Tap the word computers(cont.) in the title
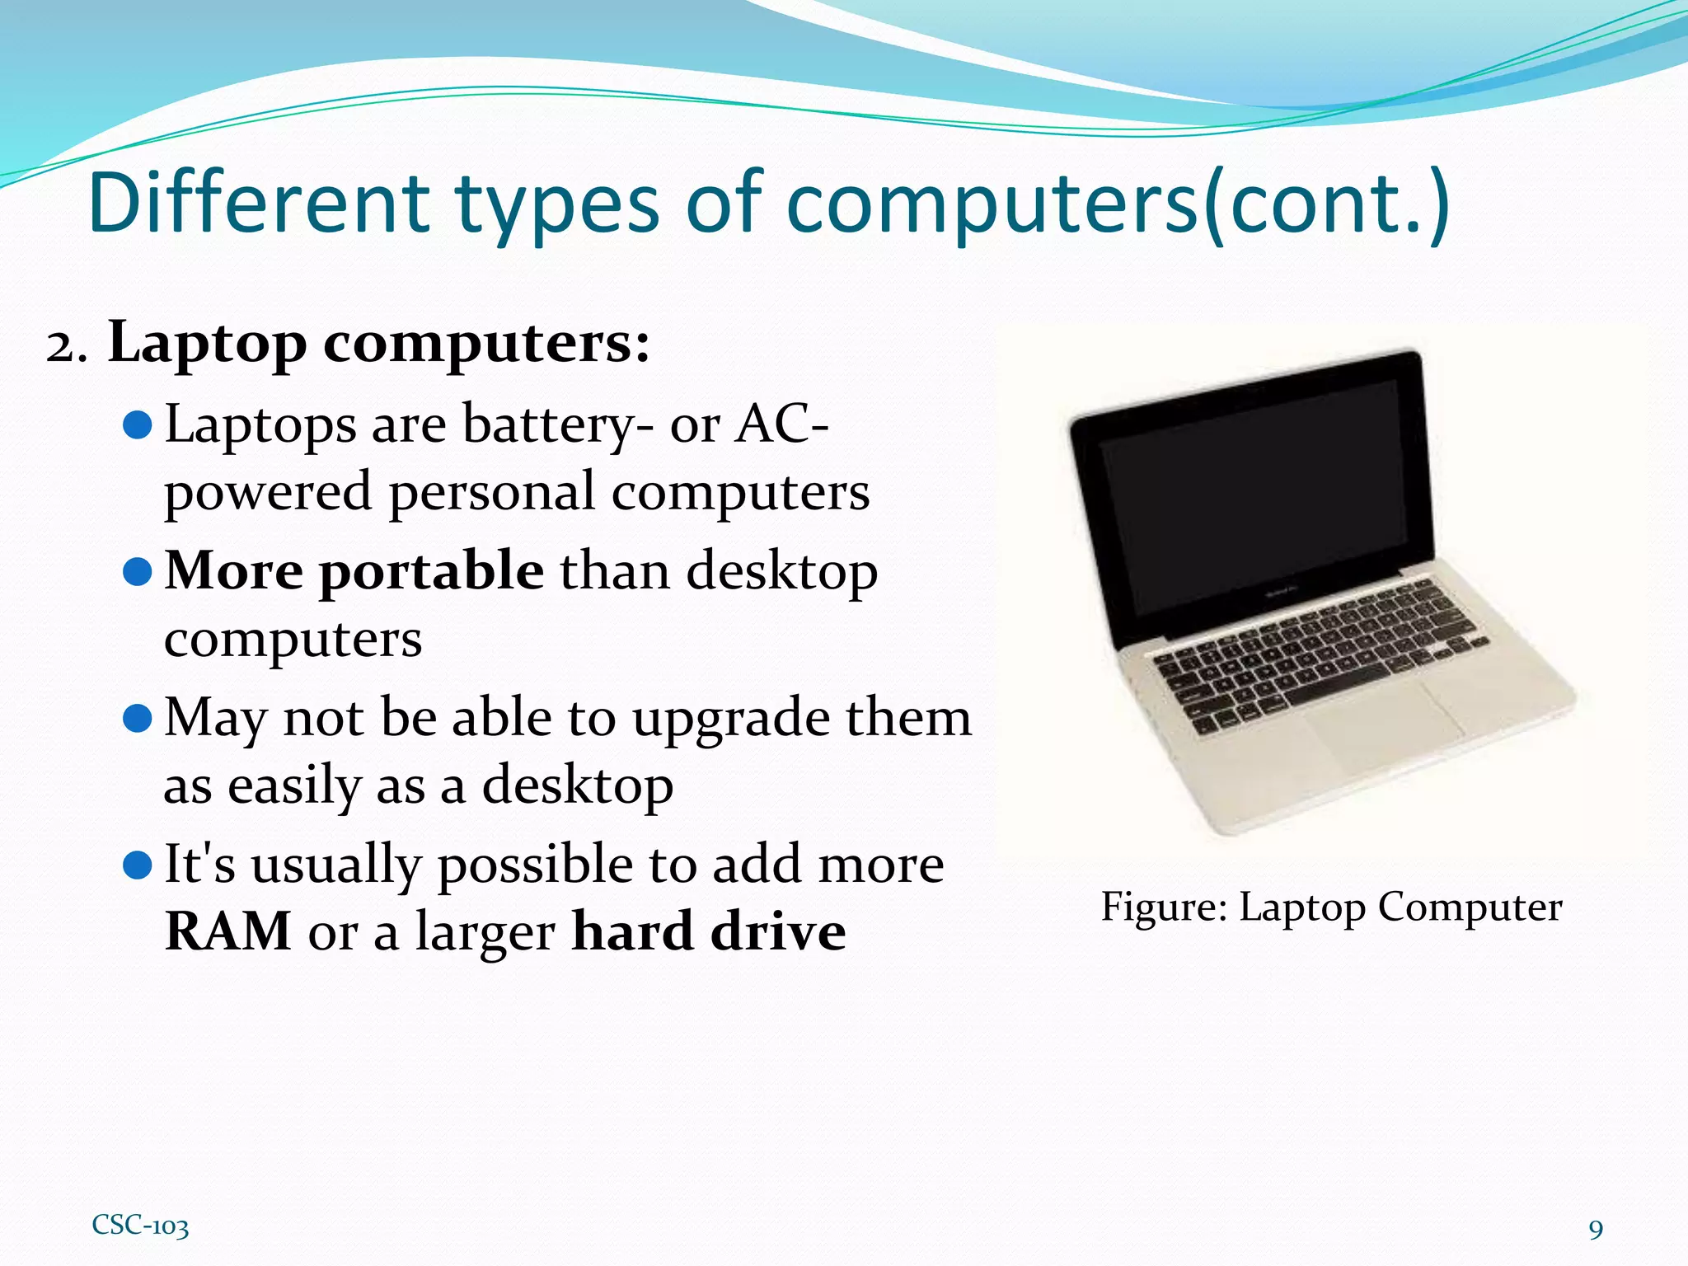(1118, 204)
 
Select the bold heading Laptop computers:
(379, 343)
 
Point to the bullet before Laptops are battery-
(137, 425)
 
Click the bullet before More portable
(137, 571)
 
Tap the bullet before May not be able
(137, 718)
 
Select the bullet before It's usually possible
(137, 865)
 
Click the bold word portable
(431, 571)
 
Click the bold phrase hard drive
(709, 932)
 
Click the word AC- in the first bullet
(781, 425)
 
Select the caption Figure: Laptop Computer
(1331, 907)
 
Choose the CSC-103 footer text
(140, 1226)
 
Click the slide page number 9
(1596, 1230)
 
